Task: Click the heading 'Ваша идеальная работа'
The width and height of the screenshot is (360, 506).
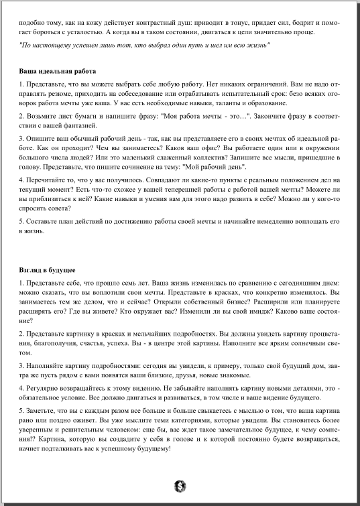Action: tap(58, 71)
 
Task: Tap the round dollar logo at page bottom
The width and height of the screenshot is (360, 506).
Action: tap(180, 485)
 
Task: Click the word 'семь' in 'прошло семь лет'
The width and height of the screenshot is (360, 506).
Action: tap(136, 283)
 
